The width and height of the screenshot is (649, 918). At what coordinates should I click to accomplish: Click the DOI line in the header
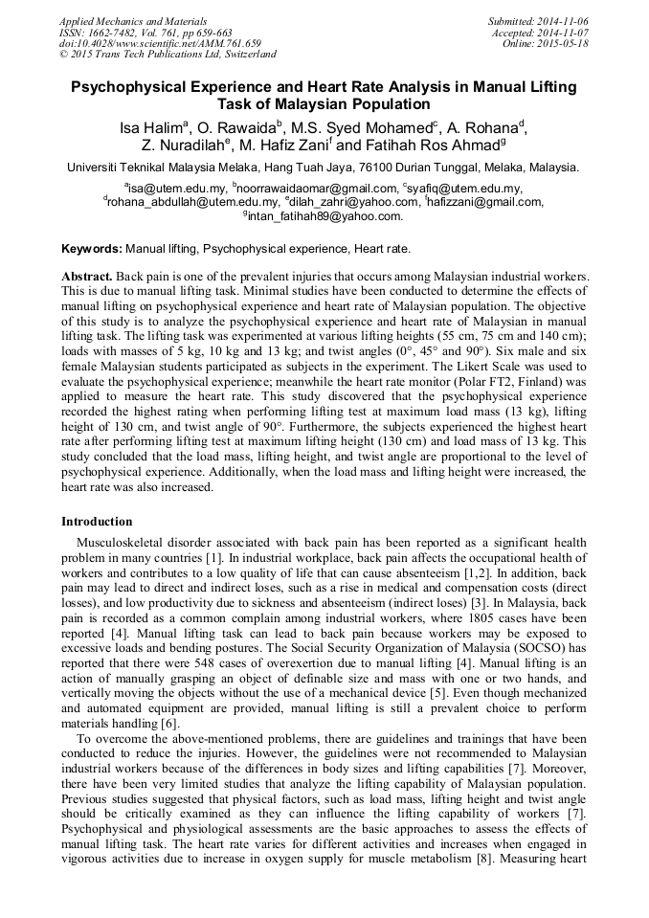click(x=160, y=43)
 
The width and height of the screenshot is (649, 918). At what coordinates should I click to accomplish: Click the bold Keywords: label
click(x=92, y=249)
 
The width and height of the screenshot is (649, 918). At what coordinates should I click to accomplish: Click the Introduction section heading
click(x=97, y=522)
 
